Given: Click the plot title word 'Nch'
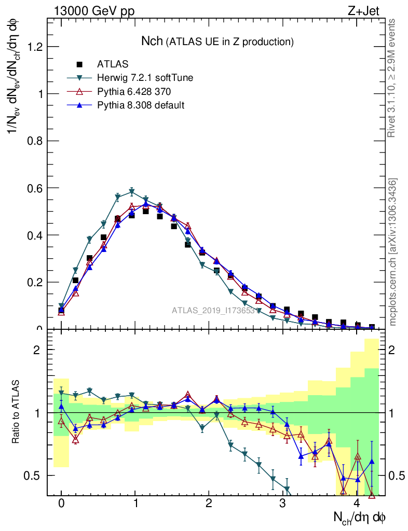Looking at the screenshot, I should click(152, 41).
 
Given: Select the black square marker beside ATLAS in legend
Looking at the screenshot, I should click(79, 64).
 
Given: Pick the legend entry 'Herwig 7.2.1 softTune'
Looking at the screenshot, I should click(145, 78).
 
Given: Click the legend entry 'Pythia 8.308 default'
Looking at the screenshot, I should click(141, 105).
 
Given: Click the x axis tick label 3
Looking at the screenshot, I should click(282, 504).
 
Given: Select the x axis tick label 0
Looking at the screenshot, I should click(61, 504).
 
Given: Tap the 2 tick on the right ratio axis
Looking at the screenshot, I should click(393, 350).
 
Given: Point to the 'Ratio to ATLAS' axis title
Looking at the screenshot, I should click(16, 413).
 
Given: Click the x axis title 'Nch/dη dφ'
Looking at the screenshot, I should click(360, 517).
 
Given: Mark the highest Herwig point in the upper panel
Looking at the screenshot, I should click(132, 191).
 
